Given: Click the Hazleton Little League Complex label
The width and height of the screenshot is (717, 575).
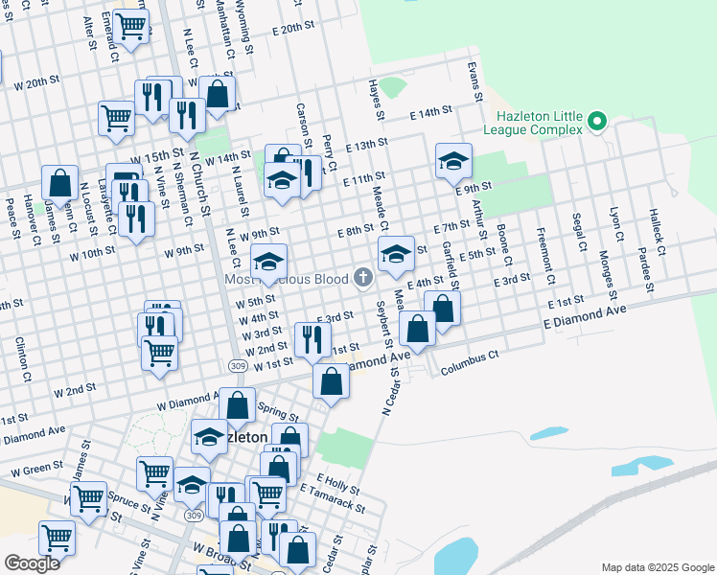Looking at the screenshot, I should [535, 122].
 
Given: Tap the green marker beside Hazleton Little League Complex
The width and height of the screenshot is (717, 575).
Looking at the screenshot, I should [597, 121].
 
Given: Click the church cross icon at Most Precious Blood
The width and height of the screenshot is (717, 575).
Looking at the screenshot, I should [363, 278].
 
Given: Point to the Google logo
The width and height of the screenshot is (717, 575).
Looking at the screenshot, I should [32, 563].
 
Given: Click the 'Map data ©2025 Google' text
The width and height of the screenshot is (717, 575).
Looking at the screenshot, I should [657, 567].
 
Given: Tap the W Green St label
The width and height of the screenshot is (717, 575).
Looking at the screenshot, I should [37, 471].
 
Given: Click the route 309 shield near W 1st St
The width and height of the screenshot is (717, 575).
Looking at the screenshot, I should [237, 366].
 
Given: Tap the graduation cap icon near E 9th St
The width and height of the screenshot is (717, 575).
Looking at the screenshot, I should [453, 160].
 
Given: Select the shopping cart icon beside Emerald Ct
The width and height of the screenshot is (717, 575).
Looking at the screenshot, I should [129, 25].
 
